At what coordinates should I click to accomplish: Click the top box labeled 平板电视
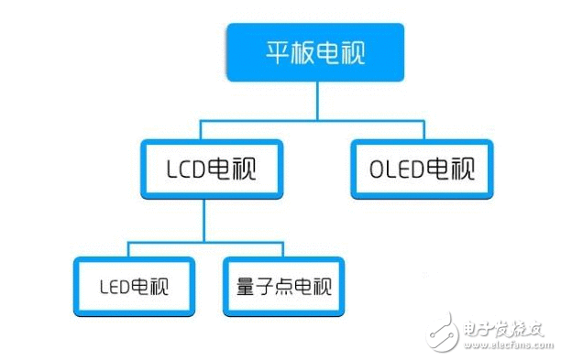coord(317,51)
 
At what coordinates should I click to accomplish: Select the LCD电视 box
coord(211,169)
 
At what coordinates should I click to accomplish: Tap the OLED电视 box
coord(421,169)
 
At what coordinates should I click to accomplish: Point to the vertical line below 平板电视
coord(317,99)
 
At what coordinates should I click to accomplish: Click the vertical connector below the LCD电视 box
coord(203,222)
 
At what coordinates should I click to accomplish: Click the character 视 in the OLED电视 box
coord(465,169)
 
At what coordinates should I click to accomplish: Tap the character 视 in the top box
coord(352,51)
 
